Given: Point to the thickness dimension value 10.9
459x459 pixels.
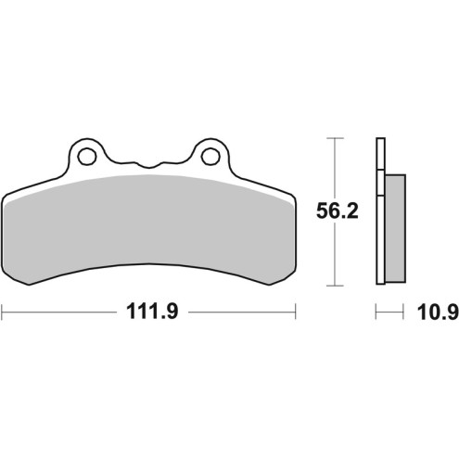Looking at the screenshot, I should (x=436, y=312).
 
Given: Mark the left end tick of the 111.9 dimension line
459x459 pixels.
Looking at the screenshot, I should (x=3, y=312).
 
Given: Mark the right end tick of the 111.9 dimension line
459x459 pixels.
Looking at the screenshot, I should (x=294, y=312).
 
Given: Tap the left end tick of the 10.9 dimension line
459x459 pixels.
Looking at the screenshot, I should (x=376, y=312).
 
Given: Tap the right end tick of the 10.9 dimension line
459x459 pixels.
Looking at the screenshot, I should (x=405, y=312).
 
